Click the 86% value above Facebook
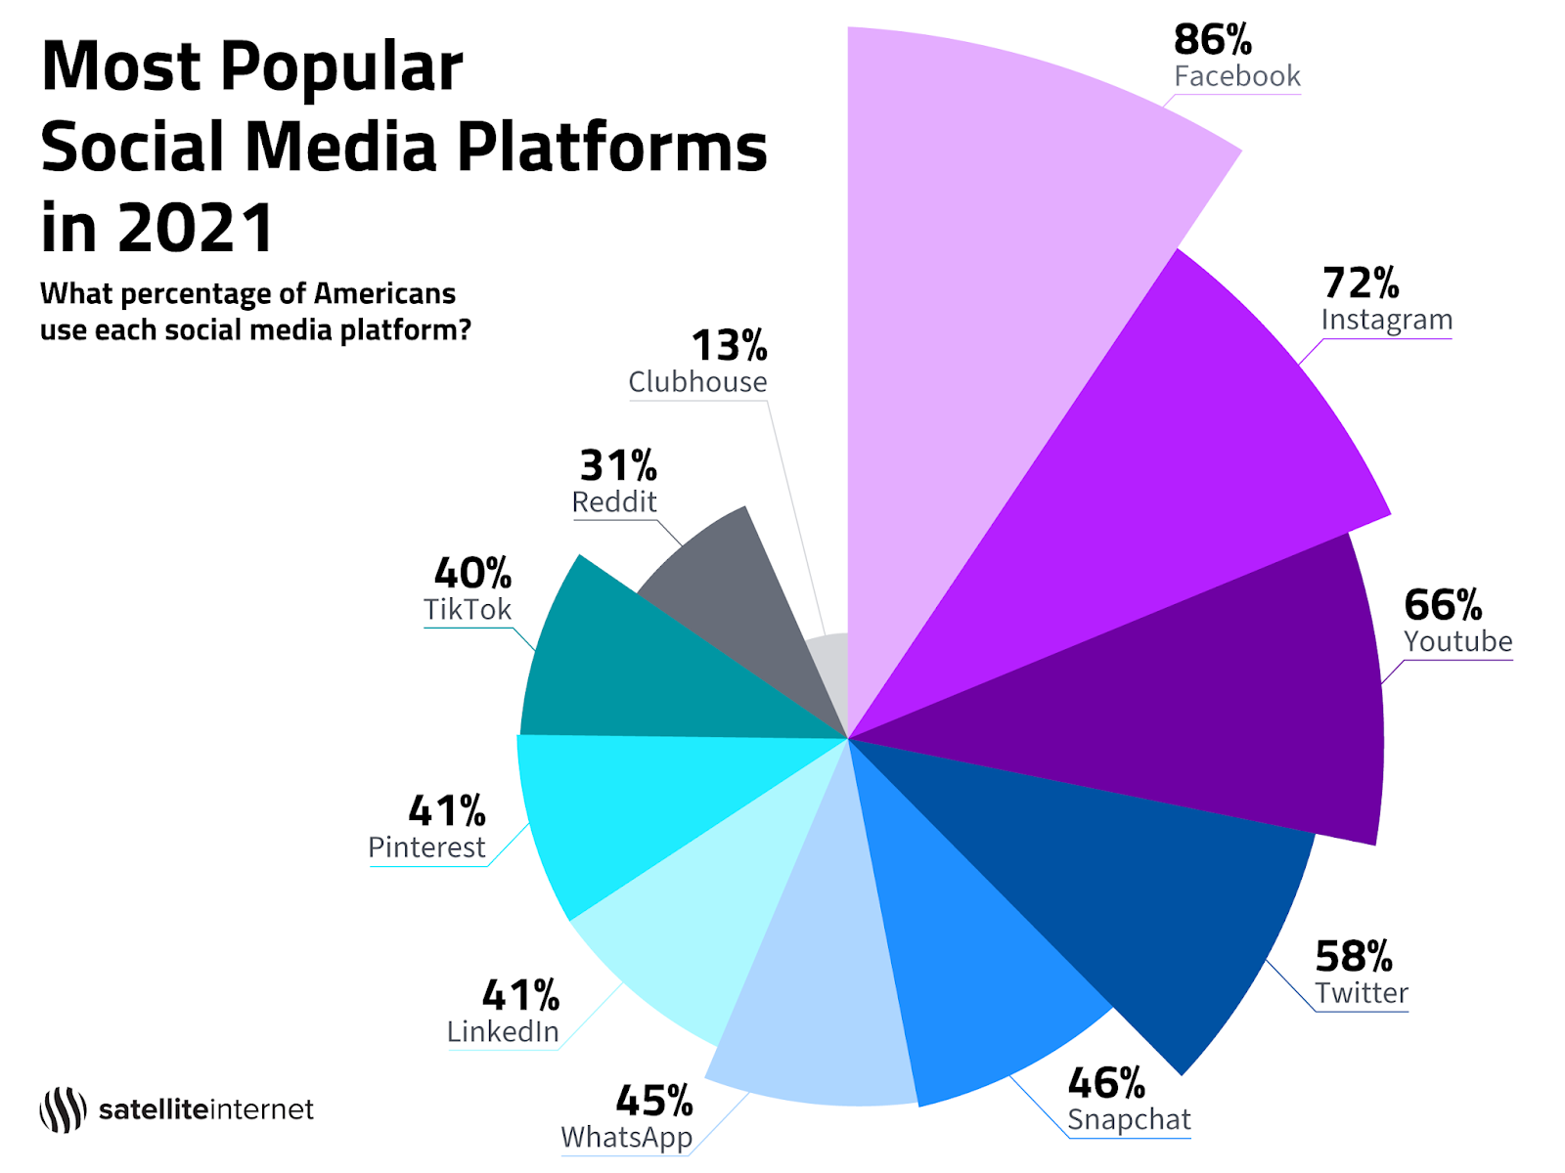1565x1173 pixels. (x=1212, y=40)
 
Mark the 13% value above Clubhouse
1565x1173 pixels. (x=729, y=346)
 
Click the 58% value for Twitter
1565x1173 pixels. (x=1353, y=957)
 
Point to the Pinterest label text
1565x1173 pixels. (x=426, y=847)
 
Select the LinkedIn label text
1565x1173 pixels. (x=503, y=1032)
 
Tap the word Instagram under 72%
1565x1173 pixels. (x=1386, y=321)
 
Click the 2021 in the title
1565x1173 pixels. (x=196, y=228)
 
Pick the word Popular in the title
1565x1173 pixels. (x=341, y=67)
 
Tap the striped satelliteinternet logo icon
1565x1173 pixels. (x=63, y=1109)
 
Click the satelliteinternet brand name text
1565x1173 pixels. (x=206, y=1110)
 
